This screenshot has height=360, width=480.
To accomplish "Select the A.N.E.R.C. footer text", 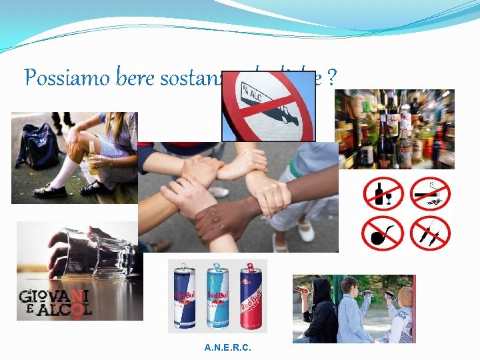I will (229, 348).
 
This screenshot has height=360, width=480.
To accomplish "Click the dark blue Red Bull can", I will (185, 297).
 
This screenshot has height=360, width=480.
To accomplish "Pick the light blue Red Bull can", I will (217, 297).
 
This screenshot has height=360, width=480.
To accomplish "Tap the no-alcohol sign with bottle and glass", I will (383, 194).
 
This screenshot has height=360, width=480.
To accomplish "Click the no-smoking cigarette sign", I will (430, 194).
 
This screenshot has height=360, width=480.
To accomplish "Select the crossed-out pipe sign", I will (383, 233).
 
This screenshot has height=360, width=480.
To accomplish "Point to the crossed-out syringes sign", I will (430, 233).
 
